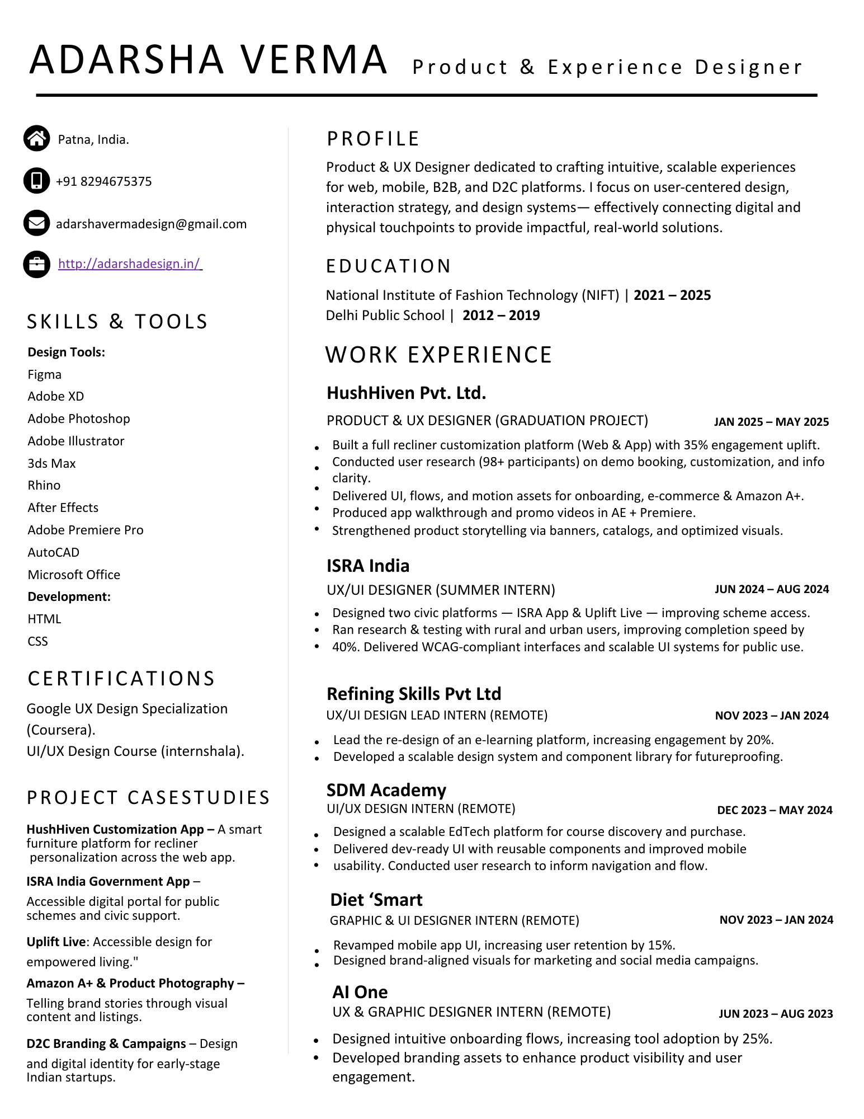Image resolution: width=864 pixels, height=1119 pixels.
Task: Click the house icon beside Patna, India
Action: coord(37,138)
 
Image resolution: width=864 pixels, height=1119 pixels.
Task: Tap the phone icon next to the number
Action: coord(37,181)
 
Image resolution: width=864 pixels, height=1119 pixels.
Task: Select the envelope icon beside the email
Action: coord(37,223)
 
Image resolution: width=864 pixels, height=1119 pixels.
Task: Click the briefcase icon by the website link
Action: coord(37,264)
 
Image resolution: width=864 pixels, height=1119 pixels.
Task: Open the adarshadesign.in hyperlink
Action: coord(130,264)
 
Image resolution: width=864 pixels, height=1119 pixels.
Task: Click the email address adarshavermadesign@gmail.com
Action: coord(151,224)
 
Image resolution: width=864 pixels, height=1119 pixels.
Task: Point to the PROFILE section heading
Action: coord(373,139)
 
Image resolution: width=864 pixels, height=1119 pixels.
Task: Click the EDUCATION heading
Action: coord(388,266)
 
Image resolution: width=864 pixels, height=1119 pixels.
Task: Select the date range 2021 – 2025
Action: coord(672,295)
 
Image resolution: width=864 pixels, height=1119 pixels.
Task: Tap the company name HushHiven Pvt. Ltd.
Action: coord(406,393)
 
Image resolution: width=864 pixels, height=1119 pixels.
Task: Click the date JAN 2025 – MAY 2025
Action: coord(771,422)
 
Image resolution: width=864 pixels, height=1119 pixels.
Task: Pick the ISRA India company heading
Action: coord(368,566)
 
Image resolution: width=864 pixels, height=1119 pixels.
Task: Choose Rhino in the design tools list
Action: coord(44,485)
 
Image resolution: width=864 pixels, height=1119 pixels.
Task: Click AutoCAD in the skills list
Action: coord(54,552)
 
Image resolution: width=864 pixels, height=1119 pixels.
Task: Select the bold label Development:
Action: coord(69,596)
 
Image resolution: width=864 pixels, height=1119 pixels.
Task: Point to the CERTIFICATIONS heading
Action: coord(121,678)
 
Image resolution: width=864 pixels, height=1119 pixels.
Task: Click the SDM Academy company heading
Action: coord(386,790)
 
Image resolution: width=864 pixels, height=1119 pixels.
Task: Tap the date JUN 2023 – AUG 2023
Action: coord(776,1014)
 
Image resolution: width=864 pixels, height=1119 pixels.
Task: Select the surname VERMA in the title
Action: coord(314,59)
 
